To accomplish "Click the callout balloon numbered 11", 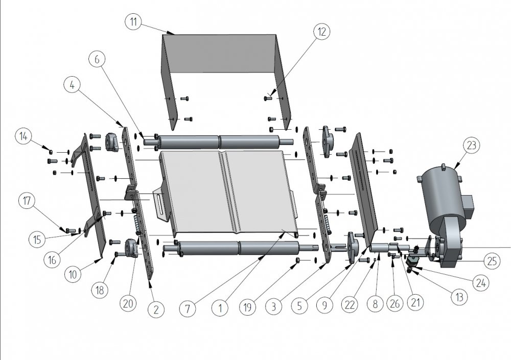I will pos(133,22).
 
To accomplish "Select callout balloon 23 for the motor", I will pos(472,146).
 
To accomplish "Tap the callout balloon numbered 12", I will pos(321,32).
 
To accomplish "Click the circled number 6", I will pos(97,59).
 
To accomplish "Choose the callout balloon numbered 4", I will pos(73,85).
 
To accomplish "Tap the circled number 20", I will pos(128,303).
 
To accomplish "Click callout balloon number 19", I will pos(247,307).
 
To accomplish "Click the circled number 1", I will pos(220,308).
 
